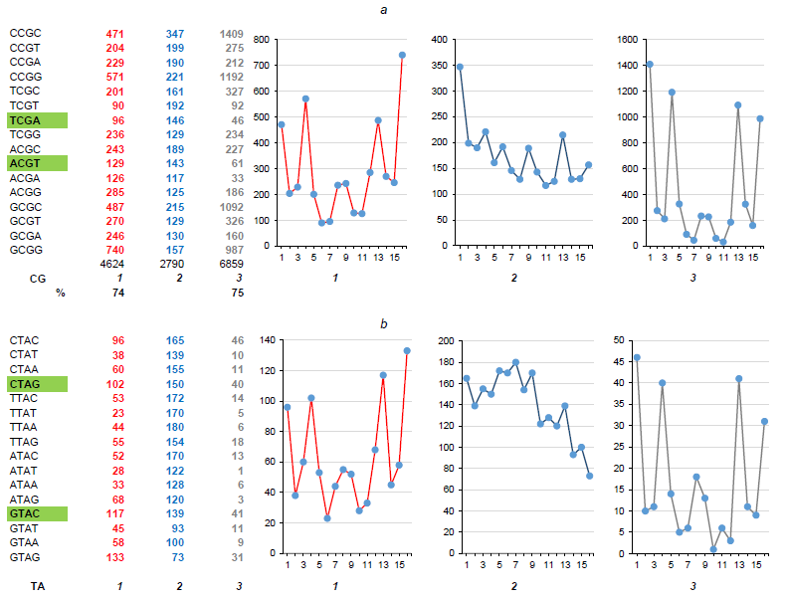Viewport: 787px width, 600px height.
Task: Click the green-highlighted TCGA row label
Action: click(36, 119)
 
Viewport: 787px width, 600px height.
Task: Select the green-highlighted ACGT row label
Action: click(36, 162)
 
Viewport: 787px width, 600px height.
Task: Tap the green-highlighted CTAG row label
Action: click(36, 383)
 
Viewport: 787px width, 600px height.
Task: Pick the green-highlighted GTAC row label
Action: click(36, 513)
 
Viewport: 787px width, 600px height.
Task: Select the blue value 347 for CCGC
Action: click(175, 33)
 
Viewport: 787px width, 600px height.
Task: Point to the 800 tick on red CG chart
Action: click(262, 40)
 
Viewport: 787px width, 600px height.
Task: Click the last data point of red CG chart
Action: click(403, 55)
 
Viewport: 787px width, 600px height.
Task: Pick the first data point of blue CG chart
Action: click(460, 67)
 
